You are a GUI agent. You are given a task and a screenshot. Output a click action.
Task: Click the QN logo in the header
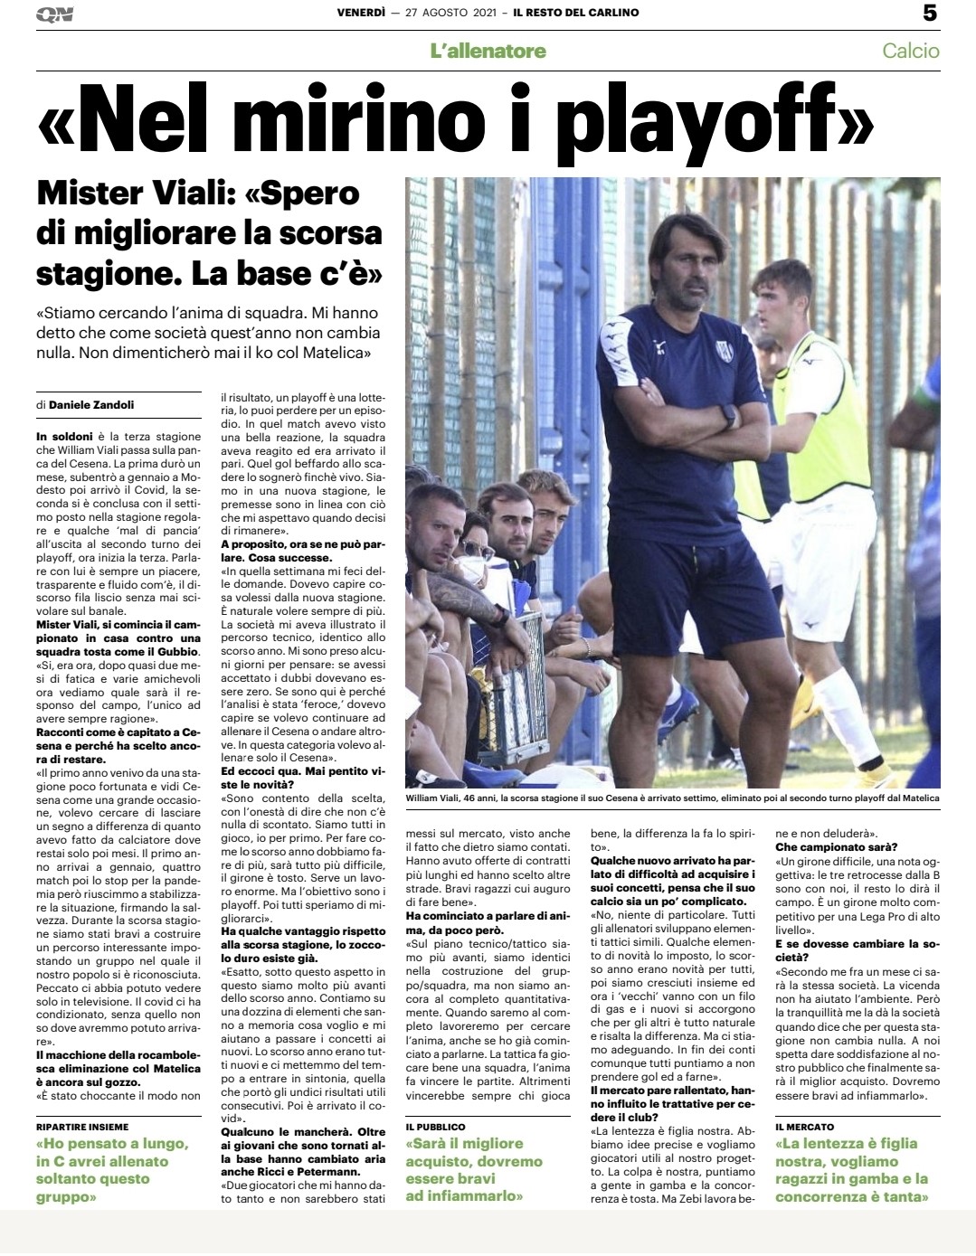point(54,14)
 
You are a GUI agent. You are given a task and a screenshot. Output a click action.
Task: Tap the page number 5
point(930,13)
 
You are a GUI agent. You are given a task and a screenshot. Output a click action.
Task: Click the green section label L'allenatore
point(488,51)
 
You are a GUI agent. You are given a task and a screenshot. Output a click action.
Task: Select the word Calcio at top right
point(910,51)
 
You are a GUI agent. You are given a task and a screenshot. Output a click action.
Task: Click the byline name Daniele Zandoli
point(91,404)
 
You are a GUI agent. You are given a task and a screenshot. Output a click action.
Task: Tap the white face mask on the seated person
point(472,571)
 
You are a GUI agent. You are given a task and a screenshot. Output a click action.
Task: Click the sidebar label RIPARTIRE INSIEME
point(82,1127)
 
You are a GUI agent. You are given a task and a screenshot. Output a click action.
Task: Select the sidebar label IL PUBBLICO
point(436,1127)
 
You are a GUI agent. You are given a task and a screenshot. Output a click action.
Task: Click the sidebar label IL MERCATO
point(805,1127)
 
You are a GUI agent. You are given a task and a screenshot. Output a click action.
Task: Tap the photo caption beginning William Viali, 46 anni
point(672,798)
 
